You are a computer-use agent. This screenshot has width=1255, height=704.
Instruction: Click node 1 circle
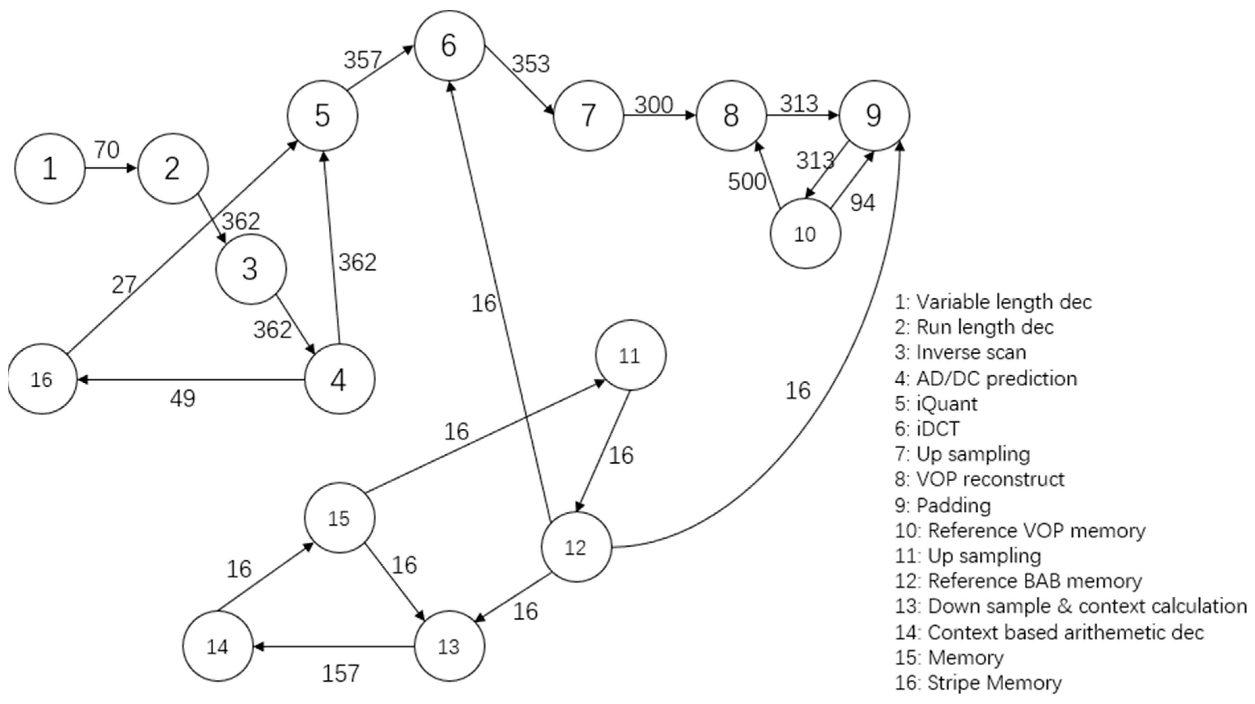(x=49, y=168)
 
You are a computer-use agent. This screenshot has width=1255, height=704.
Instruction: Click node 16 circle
(x=42, y=379)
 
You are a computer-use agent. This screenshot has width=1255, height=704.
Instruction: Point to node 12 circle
(x=576, y=547)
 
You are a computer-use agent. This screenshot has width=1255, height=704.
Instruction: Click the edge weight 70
(x=107, y=150)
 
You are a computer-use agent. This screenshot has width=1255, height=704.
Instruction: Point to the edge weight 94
(x=862, y=202)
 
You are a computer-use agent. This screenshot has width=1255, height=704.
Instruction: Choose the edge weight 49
(x=183, y=399)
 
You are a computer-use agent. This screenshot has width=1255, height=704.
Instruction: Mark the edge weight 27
(x=124, y=285)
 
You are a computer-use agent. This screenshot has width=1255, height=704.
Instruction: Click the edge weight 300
(x=654, y=105)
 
